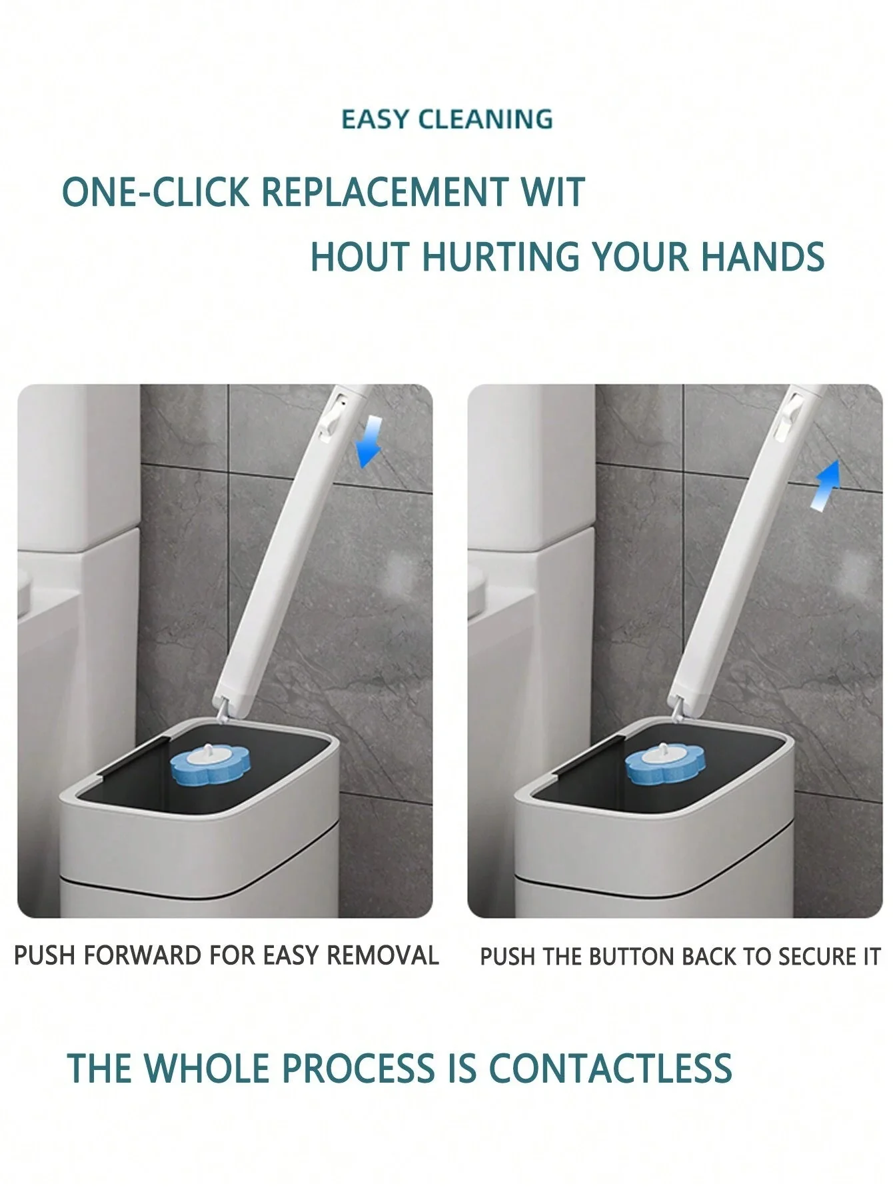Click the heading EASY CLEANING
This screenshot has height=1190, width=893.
pos(447,119)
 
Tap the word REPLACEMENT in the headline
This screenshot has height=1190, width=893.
pos(385,192)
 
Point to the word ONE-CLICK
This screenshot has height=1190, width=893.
pos(155,192)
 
